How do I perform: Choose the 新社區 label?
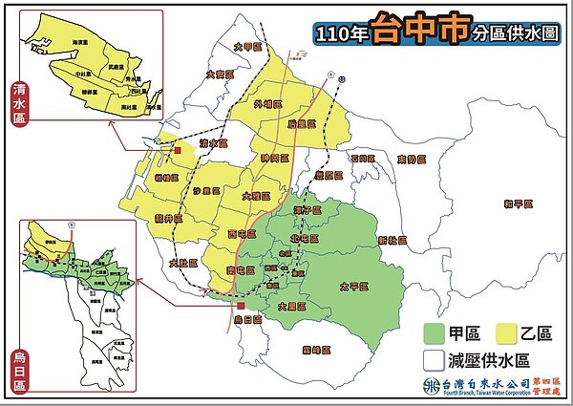392,239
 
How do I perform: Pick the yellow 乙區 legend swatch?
507,333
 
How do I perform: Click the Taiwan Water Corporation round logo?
429,386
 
